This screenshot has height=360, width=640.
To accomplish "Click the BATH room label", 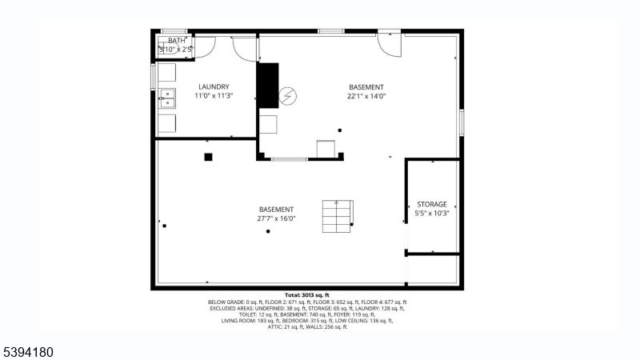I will point(176,41).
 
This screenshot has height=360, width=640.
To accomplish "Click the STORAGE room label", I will point(432,205).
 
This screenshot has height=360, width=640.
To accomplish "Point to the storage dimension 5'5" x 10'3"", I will point(432,214).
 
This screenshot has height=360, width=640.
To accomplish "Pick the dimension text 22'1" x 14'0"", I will point(366,96).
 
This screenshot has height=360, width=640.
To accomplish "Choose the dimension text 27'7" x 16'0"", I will point(276,218).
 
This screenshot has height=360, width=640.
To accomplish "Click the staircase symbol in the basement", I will point(337,216).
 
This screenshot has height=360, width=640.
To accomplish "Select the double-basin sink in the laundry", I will point(167,98).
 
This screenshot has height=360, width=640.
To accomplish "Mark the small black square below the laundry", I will point(208,157).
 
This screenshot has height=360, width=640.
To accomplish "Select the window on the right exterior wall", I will point(461,122).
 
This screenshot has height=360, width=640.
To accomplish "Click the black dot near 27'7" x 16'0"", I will point(268,232).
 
